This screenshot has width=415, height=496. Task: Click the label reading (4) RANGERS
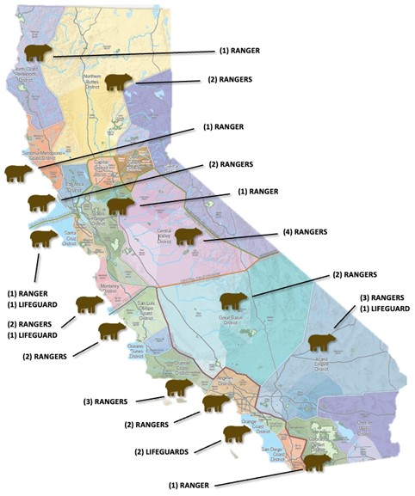tap(305, 232)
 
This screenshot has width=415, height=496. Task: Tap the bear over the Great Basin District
tap(232, 301)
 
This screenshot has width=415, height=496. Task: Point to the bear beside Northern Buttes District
tap(119, 83)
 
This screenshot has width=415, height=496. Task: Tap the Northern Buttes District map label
tap(92, 82)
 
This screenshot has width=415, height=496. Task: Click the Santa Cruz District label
tap(70, 237)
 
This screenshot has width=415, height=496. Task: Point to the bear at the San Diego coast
tap(315, 462)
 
